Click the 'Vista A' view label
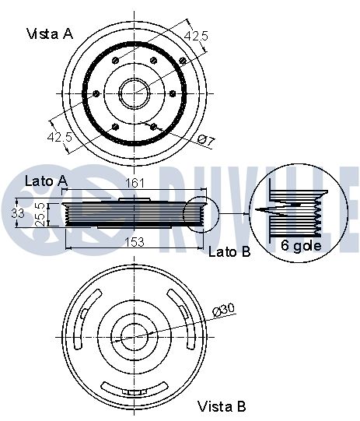click(x=50, y=34)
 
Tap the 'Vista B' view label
click(x=222, y=406)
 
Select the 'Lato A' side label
click(x=46, y=181)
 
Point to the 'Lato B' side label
click(x=229, y=251)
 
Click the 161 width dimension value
click(x=135, y=183)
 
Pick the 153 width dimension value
click(x=135, y=242)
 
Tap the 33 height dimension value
click(x=18, y=213)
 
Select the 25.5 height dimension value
click(x=40, y=214)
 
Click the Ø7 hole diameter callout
click(x=206, y=141)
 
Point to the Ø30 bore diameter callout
click(x=223, y=310)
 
